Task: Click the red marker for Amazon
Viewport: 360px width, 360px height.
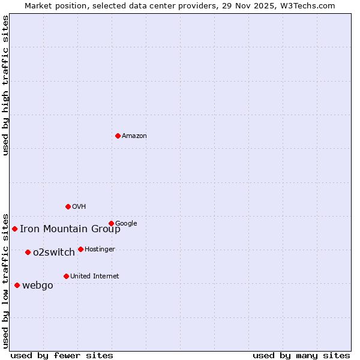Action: click(x=118, y=136)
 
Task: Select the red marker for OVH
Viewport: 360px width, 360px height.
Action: click(x=68, y=206)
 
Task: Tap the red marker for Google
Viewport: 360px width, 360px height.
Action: click(x=111, y=223)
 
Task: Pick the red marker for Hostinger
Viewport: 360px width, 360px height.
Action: click(x=80, y=249)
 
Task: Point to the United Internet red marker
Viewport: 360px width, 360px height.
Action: click(x=66, y=276)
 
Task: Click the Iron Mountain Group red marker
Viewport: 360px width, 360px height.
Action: click(x=14, y=229)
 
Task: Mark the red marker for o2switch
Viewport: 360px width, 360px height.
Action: click(x=28, y=252)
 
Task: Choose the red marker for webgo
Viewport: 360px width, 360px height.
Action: click(x=17, y=285)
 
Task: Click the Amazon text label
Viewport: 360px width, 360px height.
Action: click(x=134, y=136)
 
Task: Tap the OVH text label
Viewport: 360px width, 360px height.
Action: click(x=79, y=207)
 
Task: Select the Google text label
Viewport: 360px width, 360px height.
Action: click(x=126, y=224)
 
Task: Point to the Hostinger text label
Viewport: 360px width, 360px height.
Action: click(x=100, y=250)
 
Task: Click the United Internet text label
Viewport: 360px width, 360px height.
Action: click(x=95, y=277)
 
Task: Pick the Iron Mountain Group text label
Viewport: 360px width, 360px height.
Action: click(x=70, y=229)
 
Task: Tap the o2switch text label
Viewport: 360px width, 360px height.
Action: click(x=54, y=253)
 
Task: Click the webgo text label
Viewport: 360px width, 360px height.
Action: click(x=38, y=286)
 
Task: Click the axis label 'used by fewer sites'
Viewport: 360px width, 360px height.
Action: click(x=62, y=355)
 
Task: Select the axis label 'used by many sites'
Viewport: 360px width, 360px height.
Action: click(x=301, y=355)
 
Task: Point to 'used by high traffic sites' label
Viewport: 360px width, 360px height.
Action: click(x=6, y=85)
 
